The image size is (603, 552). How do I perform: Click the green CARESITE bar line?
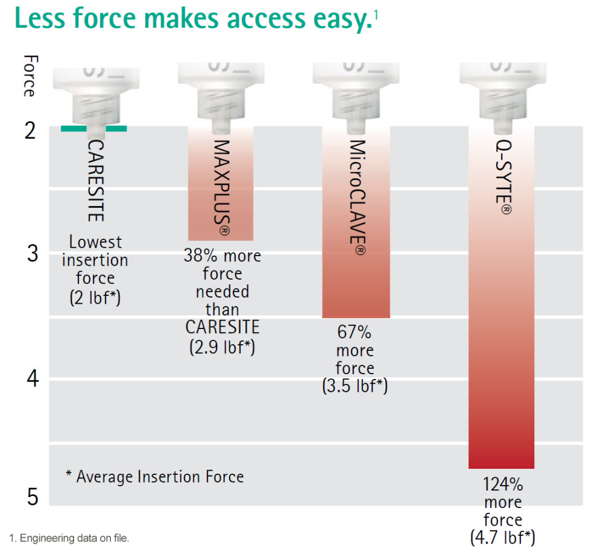point(94,128)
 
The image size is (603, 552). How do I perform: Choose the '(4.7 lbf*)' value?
point(502,537)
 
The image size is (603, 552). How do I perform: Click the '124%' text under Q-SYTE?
point(502,485)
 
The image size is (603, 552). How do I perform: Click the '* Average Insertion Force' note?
point(155,477)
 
